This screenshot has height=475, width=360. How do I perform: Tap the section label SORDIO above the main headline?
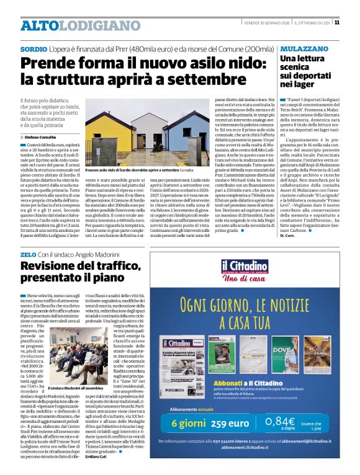point(33,48)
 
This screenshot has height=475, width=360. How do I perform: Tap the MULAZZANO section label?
point(305,48)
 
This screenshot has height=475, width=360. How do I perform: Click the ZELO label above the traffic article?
point(28,255)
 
